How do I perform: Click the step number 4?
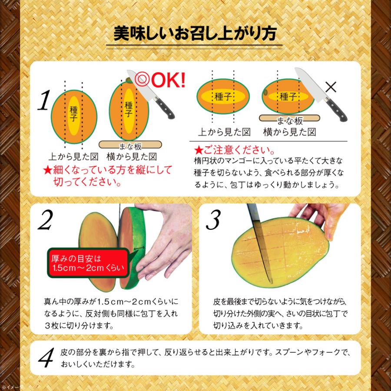[46, 357]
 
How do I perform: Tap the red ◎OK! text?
[160, 80]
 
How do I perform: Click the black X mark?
[331, 87]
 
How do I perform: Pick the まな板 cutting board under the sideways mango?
[289, 118]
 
